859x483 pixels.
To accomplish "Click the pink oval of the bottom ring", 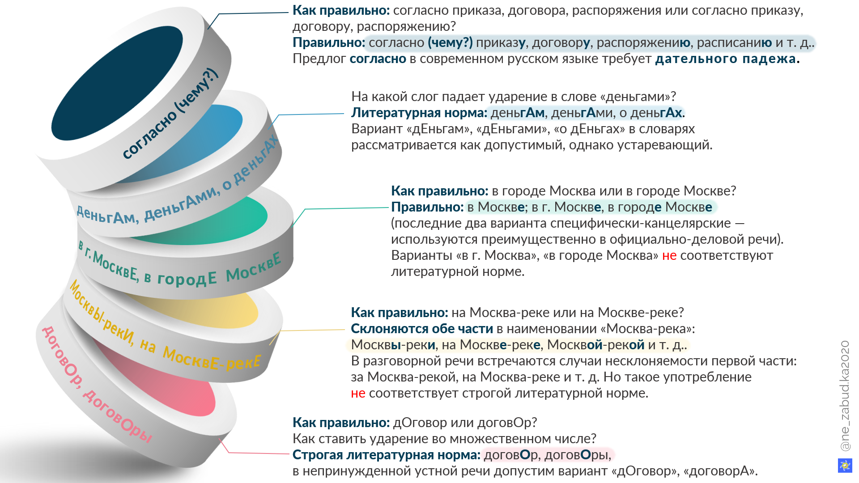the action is pyautogui.click(x=170, y=380).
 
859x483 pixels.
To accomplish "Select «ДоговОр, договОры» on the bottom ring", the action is pyautogui.click(x=97, y=385).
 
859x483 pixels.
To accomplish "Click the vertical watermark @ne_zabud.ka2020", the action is pyautogui.click(x=845, y=396).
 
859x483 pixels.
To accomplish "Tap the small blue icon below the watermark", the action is pyautogui.click(x=845, y=465).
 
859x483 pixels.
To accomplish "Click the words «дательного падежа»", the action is pyautogui.click(x=725, y=59).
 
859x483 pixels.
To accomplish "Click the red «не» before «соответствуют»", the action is pyautogui.click(x=669, y=255).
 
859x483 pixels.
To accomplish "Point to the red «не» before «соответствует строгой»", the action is pyautogui.click(x=358, y=393).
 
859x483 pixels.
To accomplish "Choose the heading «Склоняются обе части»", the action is pyautogui.click(x=422, y=329).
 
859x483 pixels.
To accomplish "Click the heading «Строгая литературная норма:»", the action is pyautogui.click(x=387, y=455).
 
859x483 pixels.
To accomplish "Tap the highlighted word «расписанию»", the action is pyautogui.click(x=734, y=43).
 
